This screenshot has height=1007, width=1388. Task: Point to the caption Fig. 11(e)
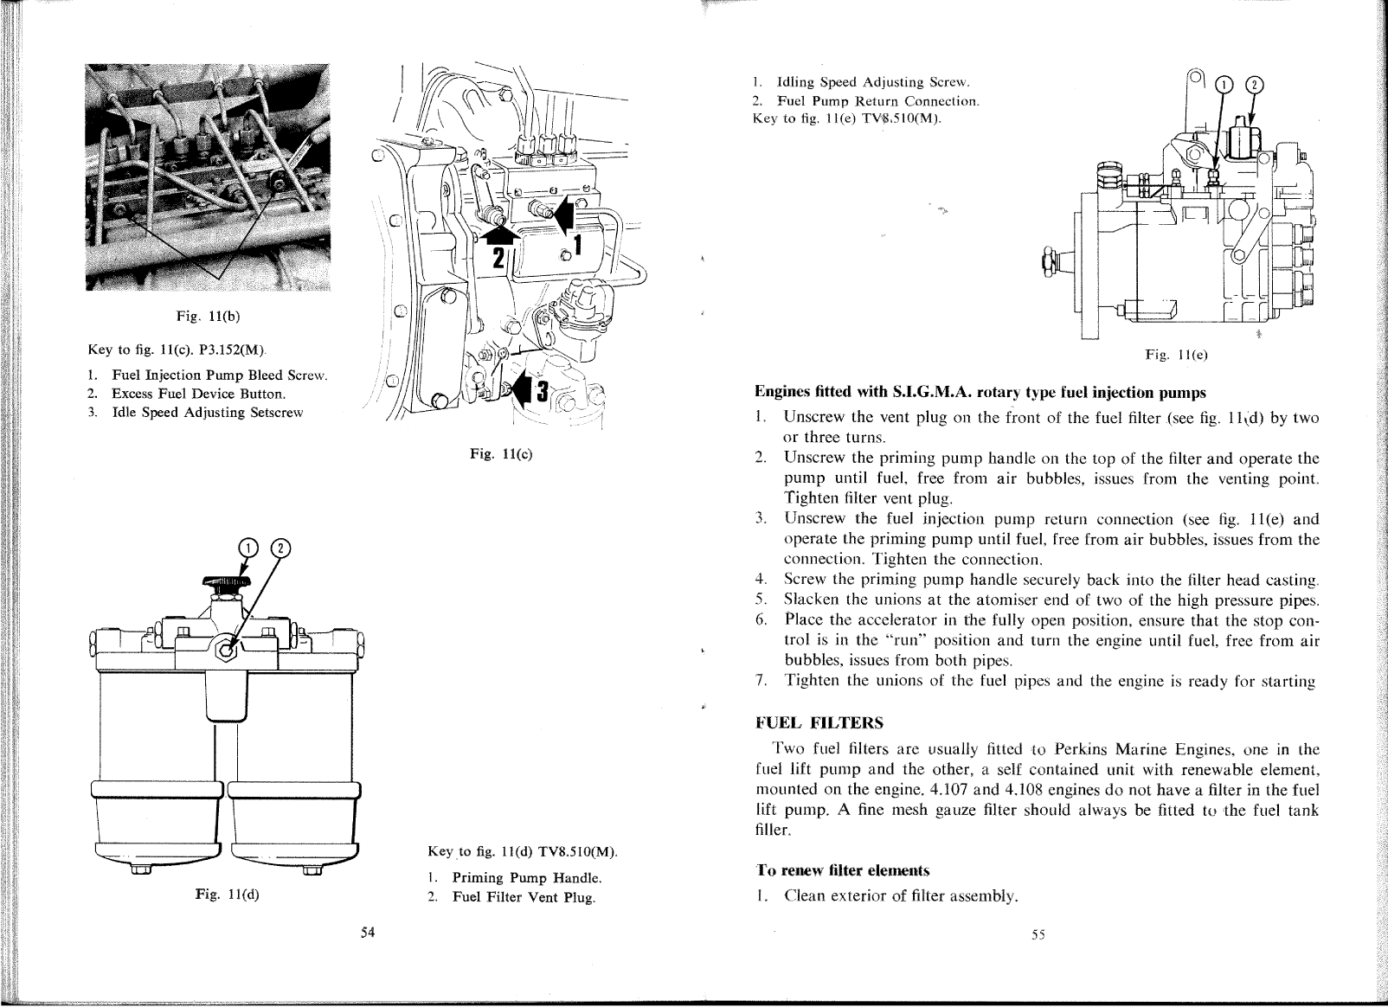tap(1177, 355)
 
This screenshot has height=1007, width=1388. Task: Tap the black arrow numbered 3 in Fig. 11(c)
tap(529, 392)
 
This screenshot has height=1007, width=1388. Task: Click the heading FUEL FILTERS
tap(819, 722)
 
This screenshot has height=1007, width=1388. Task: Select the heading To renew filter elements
tap(842, 869)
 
